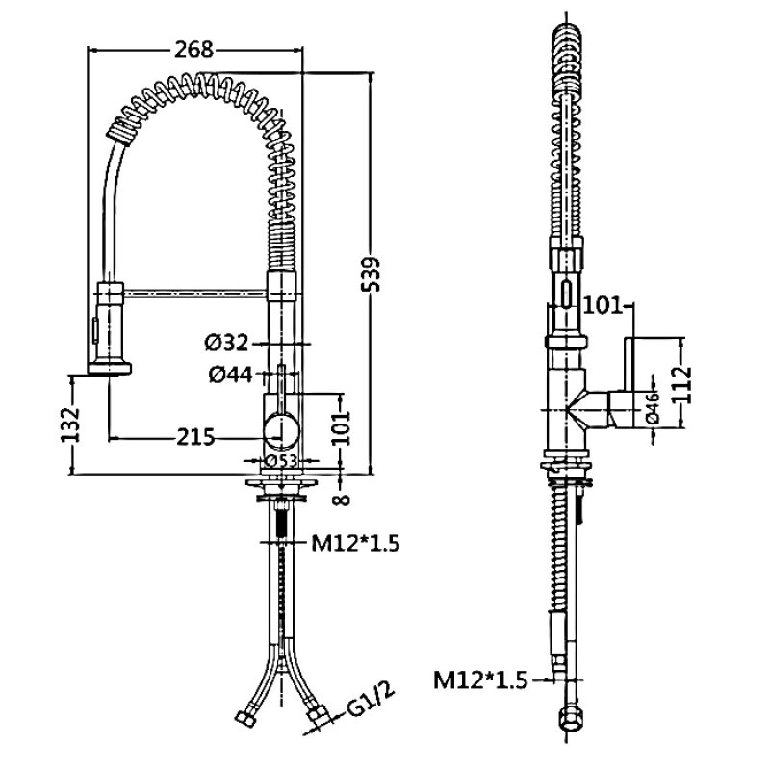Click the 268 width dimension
click(194, 50)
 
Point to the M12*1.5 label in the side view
click(479, 681)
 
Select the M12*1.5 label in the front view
click(355, 545)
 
